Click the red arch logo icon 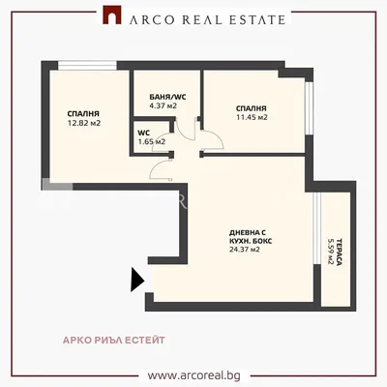[112, 15]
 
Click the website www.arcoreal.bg [194, 375]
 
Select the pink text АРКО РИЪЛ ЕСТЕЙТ [114, 341]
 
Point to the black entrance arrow [137, 280]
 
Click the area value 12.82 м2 [84, 123]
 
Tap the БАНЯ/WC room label [167, 97]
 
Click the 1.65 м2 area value [152, 141]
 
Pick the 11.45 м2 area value [252, 117]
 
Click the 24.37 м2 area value [245, 250]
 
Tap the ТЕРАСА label [339, 253]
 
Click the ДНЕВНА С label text [248, 232]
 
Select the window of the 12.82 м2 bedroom [87, 66]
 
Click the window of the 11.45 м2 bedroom [310, 108]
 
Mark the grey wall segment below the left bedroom [57, 185]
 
